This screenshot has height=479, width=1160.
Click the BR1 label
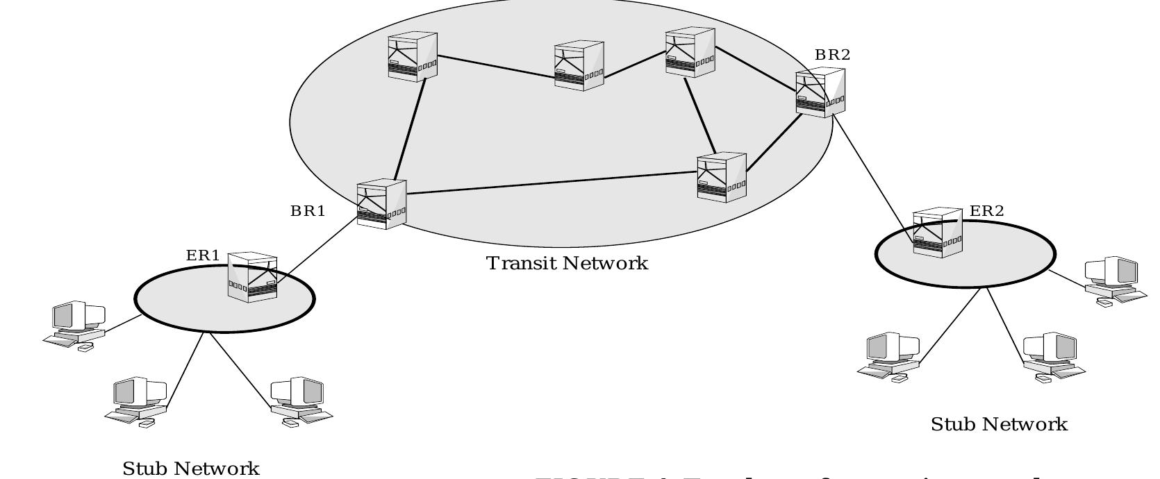point(308,211)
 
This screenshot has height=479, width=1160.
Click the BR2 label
point(832,55)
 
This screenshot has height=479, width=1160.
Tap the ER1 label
point(203,255)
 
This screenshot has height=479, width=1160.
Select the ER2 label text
point(986,211)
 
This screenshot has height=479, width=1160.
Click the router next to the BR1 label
point(381,204)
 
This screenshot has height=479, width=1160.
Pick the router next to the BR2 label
point(820,93)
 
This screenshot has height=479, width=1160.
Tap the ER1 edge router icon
point(252,277)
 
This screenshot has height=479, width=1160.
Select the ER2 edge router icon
point(937,233)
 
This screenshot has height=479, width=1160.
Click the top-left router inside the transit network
point(413,56)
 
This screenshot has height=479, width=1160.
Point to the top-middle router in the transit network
point(579,66)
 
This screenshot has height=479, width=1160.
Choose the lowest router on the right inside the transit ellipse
point(721,177)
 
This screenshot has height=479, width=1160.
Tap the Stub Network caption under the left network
point(191,469)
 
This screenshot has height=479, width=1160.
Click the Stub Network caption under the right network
point(998,424)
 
